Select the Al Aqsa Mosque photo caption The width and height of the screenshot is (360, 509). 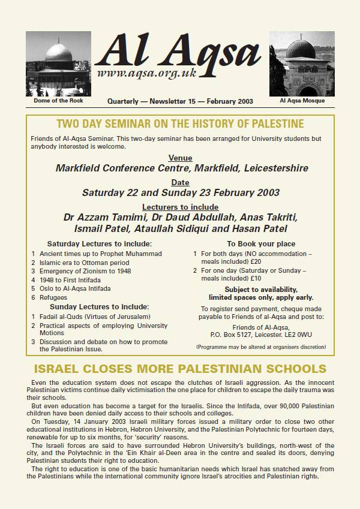pos(302,100)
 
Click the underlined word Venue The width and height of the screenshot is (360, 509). pos(180,158)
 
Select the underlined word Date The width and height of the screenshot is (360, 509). pos(180,182)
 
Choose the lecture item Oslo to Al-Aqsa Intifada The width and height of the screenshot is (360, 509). pos(75,288)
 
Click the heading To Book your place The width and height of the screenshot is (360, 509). pos(261,243)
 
